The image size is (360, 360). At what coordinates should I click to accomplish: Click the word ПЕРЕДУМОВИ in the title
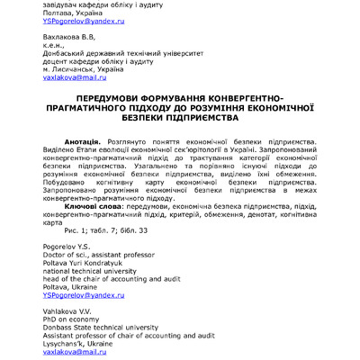tap(116, 96)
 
